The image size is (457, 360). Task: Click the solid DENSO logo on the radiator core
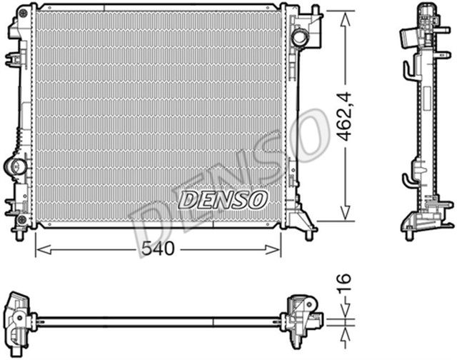pyautogui.click(x=222, y=199)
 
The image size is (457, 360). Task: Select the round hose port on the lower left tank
pyautogui.click(x=16, y=166)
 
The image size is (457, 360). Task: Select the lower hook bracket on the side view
pyautogui.click(x=407, y=179)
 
